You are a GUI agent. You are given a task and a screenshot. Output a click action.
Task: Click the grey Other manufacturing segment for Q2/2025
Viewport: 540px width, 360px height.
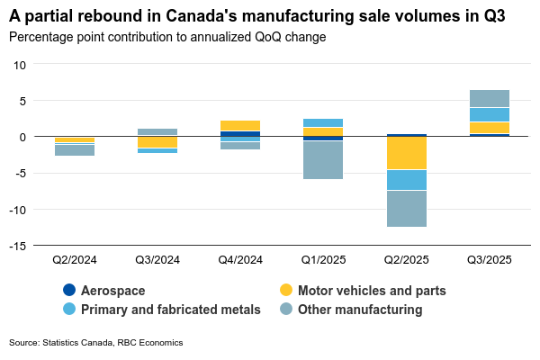pyautogui.click(x=406, y=209)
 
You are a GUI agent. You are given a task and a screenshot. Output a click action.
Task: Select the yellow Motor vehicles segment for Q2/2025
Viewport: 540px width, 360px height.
pyautogui.click(x=406, y=153)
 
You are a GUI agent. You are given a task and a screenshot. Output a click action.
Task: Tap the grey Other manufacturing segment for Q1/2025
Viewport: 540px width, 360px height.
pyautogui.click(x=322, y=160)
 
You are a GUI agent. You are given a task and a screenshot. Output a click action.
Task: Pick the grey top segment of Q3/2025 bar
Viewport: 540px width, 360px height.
pyautogui.click(x=490, y=98)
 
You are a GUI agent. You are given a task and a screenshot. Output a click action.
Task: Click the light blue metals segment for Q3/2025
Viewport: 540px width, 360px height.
pyautogui.click(x=490, y=114)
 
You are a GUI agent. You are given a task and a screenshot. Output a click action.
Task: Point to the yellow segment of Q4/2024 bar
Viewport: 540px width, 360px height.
pyautogui.click(x=239, y=125)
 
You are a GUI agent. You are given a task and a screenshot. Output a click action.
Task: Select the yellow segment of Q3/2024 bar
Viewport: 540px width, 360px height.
pyautogui.click(x=157, y=142)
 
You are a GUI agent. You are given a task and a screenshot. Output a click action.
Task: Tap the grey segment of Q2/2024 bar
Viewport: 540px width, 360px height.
pyautogui.click(x=74, y=150)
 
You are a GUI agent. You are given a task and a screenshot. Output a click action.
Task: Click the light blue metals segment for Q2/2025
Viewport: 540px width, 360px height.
pyautogui.click(x=406, y=180)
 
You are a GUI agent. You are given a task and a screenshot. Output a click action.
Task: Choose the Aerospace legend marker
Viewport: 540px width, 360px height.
pyautogui.click(x=69, y=291)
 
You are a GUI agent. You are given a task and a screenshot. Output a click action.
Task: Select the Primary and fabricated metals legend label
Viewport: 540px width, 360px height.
pyautogui.click(x=170, y=310)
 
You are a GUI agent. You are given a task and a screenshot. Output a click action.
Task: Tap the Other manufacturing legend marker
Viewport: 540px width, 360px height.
pyautogui.click(x=286, y=310)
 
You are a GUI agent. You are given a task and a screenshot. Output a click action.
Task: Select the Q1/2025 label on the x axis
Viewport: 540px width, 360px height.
pyautogui.click(x=322, y=259)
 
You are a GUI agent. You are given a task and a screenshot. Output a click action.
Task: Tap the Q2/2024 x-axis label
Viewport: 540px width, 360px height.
pyautogui.click(x=74, y=259)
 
